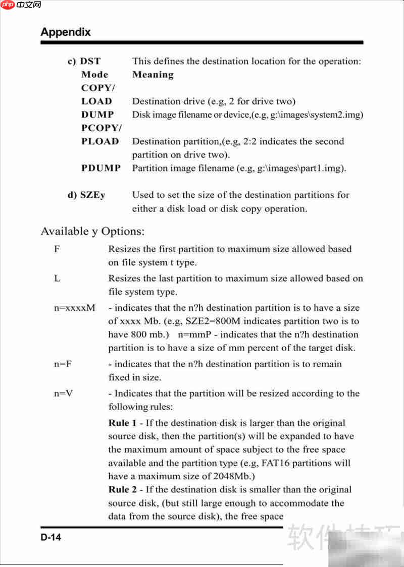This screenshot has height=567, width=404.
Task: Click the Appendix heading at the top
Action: (x=66, y=32)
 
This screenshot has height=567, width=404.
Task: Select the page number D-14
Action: (x=51, y=538)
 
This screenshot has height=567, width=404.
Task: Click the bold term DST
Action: (x=90, y=61)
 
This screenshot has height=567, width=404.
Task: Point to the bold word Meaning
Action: (x=153, y=75)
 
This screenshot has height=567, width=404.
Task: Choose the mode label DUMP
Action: (x=97, y=115)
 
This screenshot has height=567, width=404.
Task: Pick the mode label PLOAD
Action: (x=100, y=141)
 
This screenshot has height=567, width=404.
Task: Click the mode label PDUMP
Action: (x=101, y=168)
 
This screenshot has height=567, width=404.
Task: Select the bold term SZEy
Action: (x=92, y=195)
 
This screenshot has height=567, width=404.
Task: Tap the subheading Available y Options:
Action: (x=92, y=232)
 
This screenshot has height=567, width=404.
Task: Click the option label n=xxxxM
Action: (x=74, y=307)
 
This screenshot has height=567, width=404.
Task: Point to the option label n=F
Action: (x=63, y=364)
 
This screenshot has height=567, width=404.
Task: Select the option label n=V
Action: (x=63, y=393)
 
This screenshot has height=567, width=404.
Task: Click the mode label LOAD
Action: (x=97, y=101)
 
